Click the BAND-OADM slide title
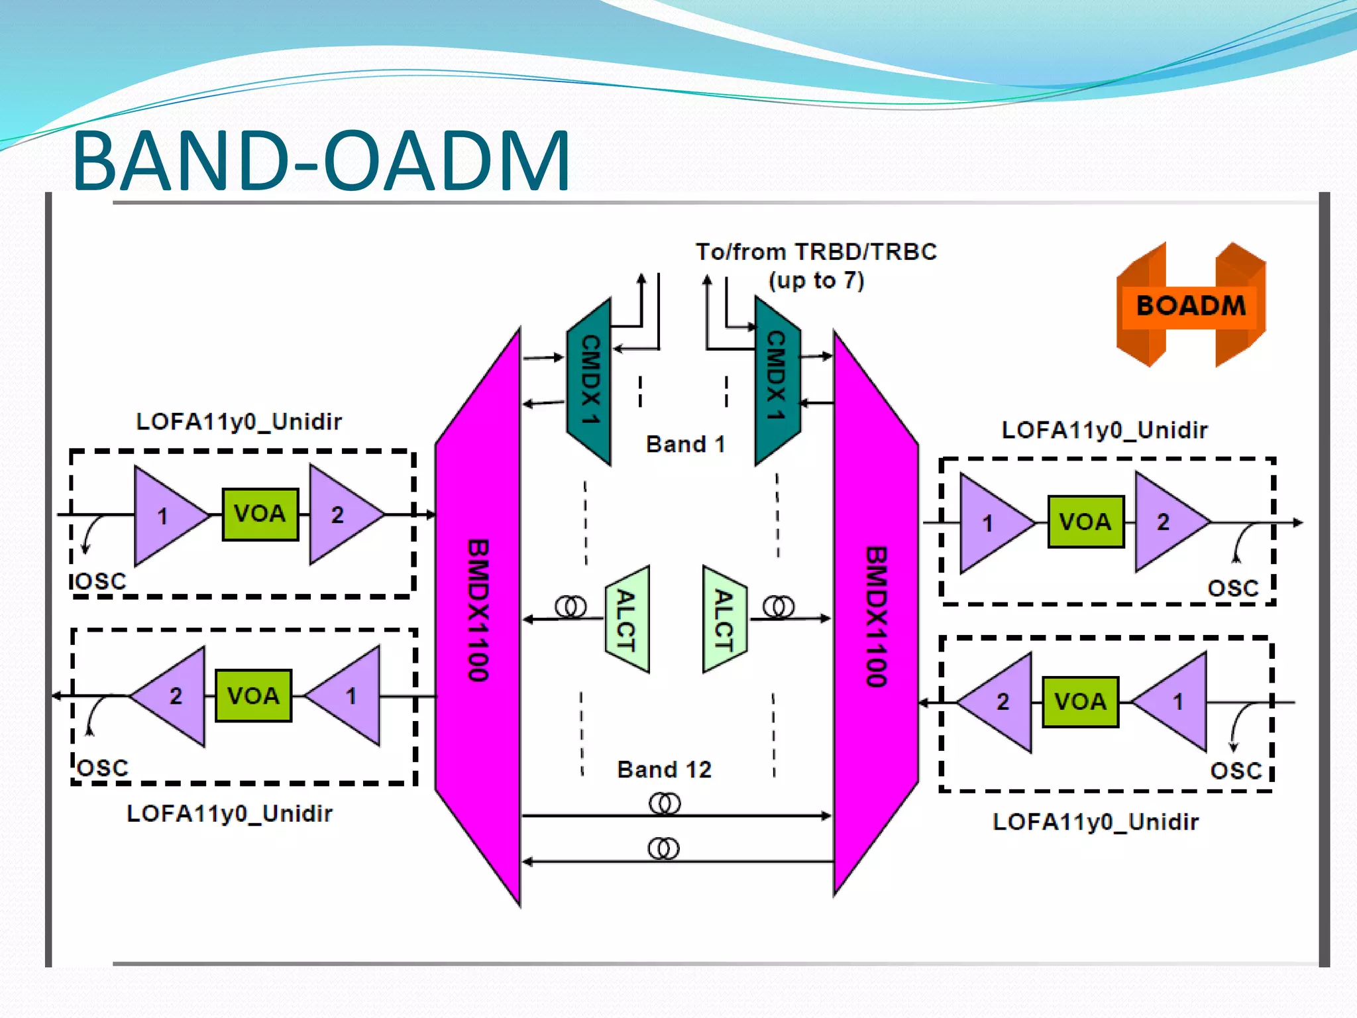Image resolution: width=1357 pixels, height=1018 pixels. tap(321, 161)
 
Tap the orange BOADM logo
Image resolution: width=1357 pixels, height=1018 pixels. tap(1191, 306)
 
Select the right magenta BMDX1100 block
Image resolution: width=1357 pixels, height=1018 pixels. tap(876, 616)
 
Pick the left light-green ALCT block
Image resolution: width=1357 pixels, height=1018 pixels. tap(627, 620)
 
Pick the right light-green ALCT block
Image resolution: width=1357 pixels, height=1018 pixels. tap(724, 620)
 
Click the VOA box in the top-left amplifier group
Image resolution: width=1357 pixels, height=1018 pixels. tap(260, 514)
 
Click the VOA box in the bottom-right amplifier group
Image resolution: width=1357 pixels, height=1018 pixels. tap(1080, 702)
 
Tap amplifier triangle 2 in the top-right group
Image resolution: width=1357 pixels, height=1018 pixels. tap(1166, 522)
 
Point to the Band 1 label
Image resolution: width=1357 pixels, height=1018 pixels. tap(685, 444)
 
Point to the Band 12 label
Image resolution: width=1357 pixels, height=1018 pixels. tap(664, 769)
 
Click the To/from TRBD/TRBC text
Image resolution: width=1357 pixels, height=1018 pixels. tap(816, 253)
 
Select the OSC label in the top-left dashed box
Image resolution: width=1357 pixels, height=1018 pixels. tap(99, 582)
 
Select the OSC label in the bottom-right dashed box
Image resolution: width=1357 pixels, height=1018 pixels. tap(1236, 771)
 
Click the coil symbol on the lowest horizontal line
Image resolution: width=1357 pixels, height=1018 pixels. tap(663, 848)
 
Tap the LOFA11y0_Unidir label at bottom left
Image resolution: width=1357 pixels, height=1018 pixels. tap(229, 813)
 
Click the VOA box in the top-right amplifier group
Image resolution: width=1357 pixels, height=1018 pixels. tap(1085, 522)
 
